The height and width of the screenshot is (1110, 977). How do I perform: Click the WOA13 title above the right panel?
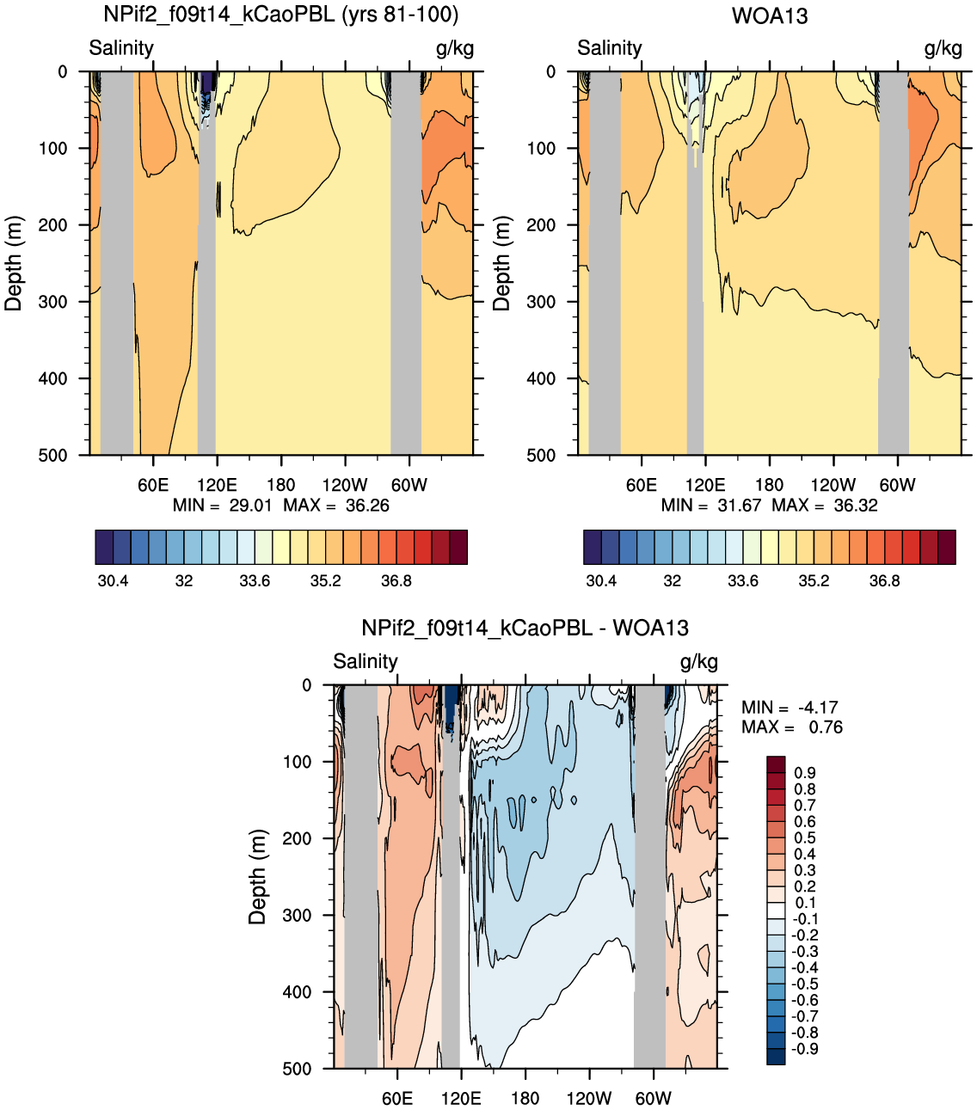point(770,15)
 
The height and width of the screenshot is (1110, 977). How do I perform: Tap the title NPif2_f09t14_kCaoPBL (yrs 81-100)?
point(281,15)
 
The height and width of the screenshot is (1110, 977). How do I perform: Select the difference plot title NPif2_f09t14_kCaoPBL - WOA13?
point(525,628)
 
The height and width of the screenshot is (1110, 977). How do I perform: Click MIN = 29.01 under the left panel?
point(222,505)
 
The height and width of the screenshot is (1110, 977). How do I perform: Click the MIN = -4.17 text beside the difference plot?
point(790,708)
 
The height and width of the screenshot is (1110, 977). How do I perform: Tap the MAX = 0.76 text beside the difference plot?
point(792,727)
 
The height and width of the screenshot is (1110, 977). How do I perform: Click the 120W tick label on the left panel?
point(345,485)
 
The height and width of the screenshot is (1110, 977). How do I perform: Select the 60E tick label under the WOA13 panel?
point(641,485)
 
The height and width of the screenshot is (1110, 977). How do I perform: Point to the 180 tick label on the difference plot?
point(525,1098)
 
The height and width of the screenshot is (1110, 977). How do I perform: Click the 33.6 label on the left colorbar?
point(255,580)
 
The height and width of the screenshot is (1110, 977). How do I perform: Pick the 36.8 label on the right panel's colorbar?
point(884,580)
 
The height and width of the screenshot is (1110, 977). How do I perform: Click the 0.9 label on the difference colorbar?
point(805,773)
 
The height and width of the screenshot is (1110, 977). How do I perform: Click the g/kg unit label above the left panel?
point(455,49)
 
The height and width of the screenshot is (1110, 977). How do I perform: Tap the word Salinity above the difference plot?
point(365,661)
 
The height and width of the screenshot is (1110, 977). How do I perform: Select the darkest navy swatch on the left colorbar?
point(104,547)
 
